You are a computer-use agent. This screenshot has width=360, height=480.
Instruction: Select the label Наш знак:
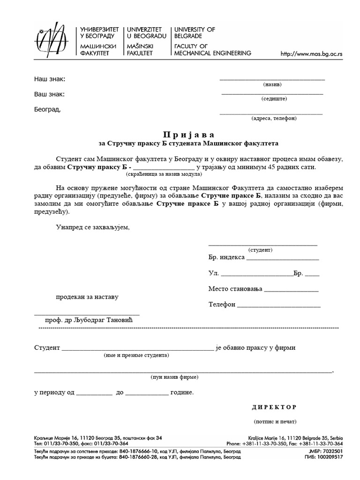[50, 79]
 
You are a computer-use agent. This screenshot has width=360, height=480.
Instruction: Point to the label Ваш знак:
[49, 94]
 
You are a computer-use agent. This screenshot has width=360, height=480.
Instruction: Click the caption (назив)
[272, 85]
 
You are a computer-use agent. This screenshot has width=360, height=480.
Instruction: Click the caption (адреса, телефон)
[274, 119]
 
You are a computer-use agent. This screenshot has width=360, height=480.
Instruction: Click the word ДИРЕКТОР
[274, 406]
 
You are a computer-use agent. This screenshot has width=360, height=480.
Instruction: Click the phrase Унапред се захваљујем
[92, 227]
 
